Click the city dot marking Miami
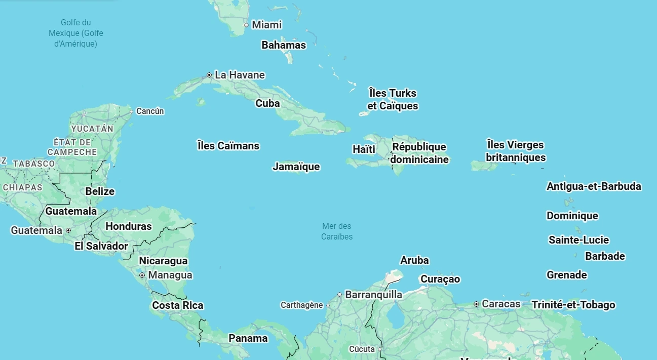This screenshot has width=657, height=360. click(x=246, y=25)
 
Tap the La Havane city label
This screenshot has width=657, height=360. click(x=240, y=75)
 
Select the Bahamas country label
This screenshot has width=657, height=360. click(x=284, y=45)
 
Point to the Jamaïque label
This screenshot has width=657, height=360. click(x=296, y=167)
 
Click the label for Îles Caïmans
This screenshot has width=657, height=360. click(x=228, y=146)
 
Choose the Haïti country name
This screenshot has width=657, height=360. click(x=364, y=149)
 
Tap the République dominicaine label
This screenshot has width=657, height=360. click(x=419, y=153)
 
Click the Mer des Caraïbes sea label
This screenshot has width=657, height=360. click(x=337, y=231)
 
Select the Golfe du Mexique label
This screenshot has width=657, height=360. click(x=76, y=33)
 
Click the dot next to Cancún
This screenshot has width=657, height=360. click(x=131, y=111)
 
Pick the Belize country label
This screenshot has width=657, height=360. click(x=100, y=191)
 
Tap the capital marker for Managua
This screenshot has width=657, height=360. click(x=142, y=275)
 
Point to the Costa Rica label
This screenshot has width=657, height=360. click(x=178, y=305)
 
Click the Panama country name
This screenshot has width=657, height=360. click(x=248, y=338)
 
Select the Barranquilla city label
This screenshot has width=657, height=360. click(x=373, y=295)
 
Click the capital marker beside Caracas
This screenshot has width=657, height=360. click(x=476, y=304)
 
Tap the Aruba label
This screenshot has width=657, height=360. click(x=414, y=260)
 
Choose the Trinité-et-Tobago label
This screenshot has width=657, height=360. click(x=573, y=305)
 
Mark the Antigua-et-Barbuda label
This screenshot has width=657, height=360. click(x=594, y=186)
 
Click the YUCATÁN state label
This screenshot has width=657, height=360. click(x=92, y=129)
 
